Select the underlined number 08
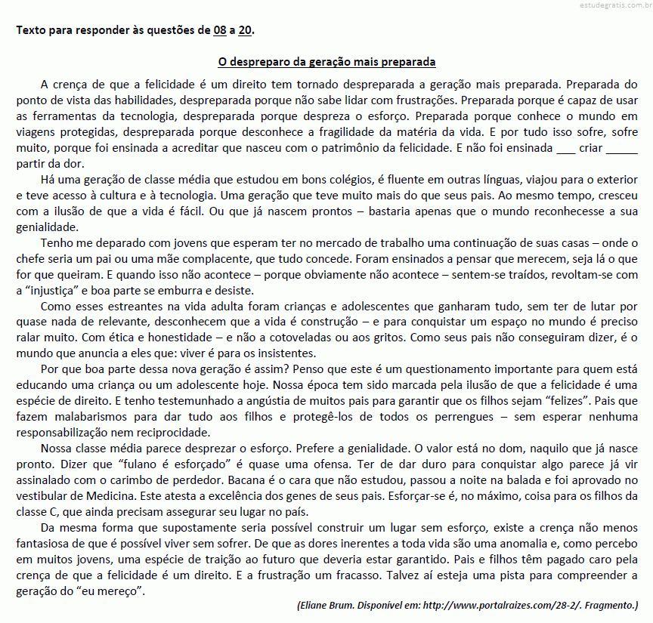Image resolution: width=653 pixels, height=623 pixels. coord(220,31)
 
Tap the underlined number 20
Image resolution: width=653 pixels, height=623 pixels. coord(246,31)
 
